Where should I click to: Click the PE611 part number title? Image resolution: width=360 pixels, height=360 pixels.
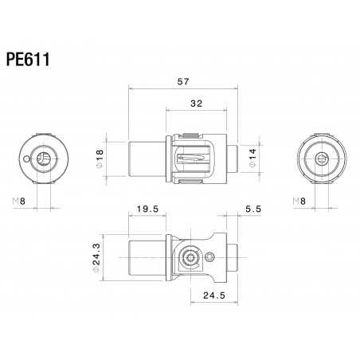pyautogui.click(x=30, y=60)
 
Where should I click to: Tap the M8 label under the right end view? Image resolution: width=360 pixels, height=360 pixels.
pyautogui.click(x=298, y=201)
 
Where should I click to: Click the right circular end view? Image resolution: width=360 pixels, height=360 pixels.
pyautogui.click(x=322, y=158)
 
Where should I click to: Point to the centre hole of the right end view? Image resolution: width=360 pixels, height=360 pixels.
pyautogui.click(x=322, y=158)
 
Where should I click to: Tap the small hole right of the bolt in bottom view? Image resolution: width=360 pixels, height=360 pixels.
pyautogui.click(x=210, y=256)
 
